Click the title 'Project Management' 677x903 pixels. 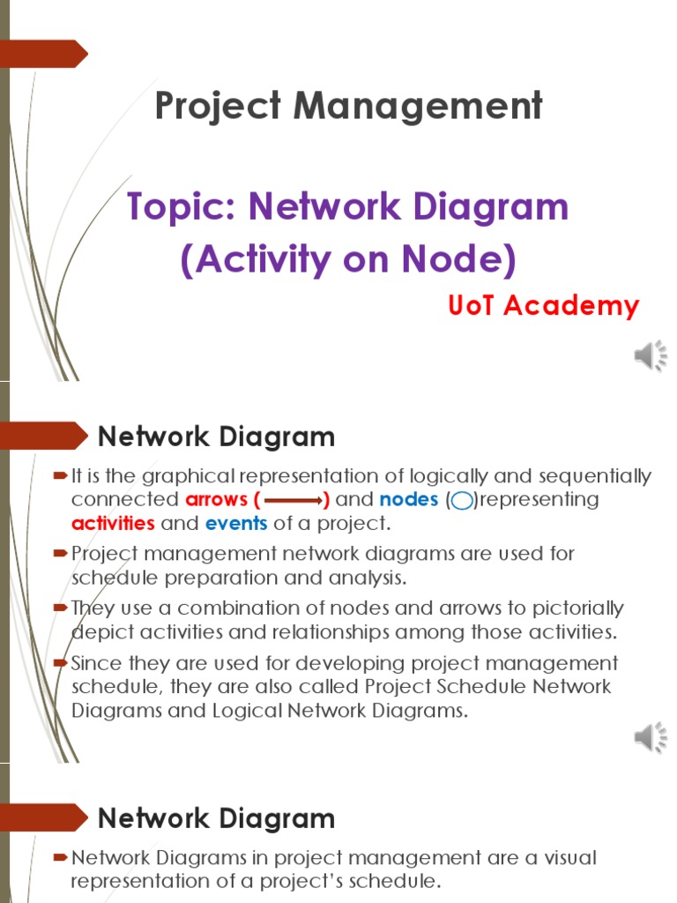(x=348, y=107)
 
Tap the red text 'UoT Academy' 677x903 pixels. (x=543, y=306)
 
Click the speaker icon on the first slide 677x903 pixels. (x=651, y=355)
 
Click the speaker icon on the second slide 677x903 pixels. (x=651, y=737)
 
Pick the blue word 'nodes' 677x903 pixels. (x=408, y=500)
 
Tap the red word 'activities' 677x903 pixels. (x=113, y=523)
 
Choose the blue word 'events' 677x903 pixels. (x=236, y=523)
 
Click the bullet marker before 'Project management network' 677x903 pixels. (x=60, y=553)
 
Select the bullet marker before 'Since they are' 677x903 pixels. (x=60, y=662)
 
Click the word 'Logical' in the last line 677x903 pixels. (x=244, y=711)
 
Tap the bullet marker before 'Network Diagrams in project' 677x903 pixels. (x=60, y=856)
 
